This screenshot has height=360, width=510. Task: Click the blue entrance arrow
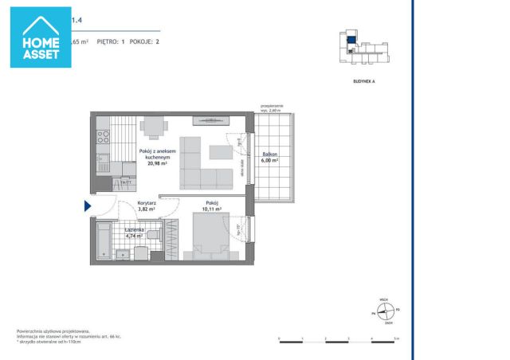88,206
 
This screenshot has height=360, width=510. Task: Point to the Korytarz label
147,204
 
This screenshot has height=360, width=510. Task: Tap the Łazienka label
112,229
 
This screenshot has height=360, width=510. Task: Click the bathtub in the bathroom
103,240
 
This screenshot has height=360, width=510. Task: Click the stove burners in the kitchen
101,138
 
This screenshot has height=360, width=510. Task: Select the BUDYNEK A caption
363,80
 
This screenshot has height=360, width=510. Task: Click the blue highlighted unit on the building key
351,37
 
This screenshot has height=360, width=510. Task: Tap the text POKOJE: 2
147,40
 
